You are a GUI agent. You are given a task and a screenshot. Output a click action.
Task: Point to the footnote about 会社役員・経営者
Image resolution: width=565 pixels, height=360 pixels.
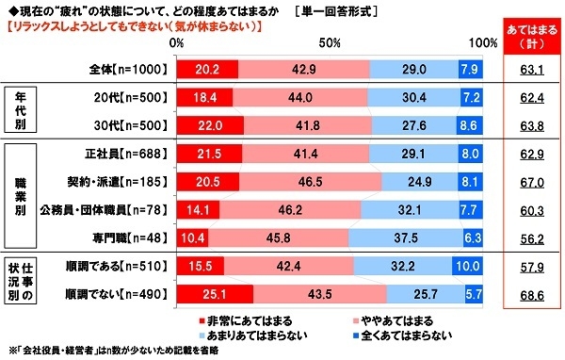click(122, 352)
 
